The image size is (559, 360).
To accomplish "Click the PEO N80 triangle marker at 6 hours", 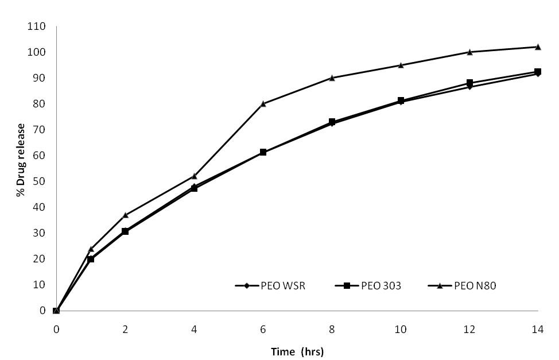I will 263,103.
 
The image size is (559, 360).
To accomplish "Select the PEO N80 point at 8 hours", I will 332,78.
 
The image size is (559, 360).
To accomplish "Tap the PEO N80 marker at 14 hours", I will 538,47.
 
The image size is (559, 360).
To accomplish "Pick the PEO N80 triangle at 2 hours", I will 125,215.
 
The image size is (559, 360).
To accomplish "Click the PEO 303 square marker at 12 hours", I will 469,83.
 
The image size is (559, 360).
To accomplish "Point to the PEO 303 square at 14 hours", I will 538,72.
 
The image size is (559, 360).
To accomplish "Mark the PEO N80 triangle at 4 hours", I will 194,176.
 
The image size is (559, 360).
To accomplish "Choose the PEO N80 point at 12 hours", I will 469,52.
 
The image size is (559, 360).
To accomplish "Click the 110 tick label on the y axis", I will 38,26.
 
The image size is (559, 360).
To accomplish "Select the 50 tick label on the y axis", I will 40,181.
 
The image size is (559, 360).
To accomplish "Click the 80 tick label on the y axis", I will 40,104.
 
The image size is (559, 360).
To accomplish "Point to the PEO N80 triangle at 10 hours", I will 401,65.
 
